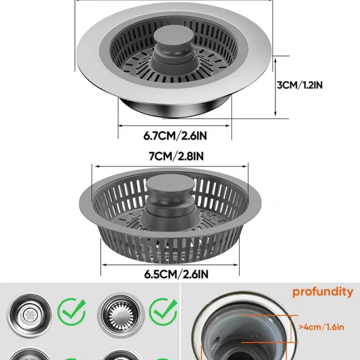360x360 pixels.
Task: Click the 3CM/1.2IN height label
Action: tap(300, 85)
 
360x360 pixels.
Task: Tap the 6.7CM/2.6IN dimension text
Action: tap(175, 136)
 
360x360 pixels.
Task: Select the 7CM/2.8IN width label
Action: tap(176, 156)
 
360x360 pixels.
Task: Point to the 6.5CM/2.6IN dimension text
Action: tap(176, 274)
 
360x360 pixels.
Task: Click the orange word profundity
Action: tap(322, 292)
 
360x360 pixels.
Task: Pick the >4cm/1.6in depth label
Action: tap(321, 327)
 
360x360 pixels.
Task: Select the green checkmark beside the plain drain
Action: tap(71, 312)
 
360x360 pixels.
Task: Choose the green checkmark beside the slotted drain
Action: tap(163, 312)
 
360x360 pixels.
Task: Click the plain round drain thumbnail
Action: tap(29, 315)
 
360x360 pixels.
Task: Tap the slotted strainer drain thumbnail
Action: tap(121, 315)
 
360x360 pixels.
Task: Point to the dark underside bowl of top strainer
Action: tap(174, 108)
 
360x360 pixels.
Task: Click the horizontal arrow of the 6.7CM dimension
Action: tap(174, 125)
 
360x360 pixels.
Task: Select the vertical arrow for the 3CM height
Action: tap(276, 87)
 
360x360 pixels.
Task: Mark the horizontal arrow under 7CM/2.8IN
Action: tap(170, 166)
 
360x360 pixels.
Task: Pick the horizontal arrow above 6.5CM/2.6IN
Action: tap(170, 265)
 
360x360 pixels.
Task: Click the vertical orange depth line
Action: tap(291, 329)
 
